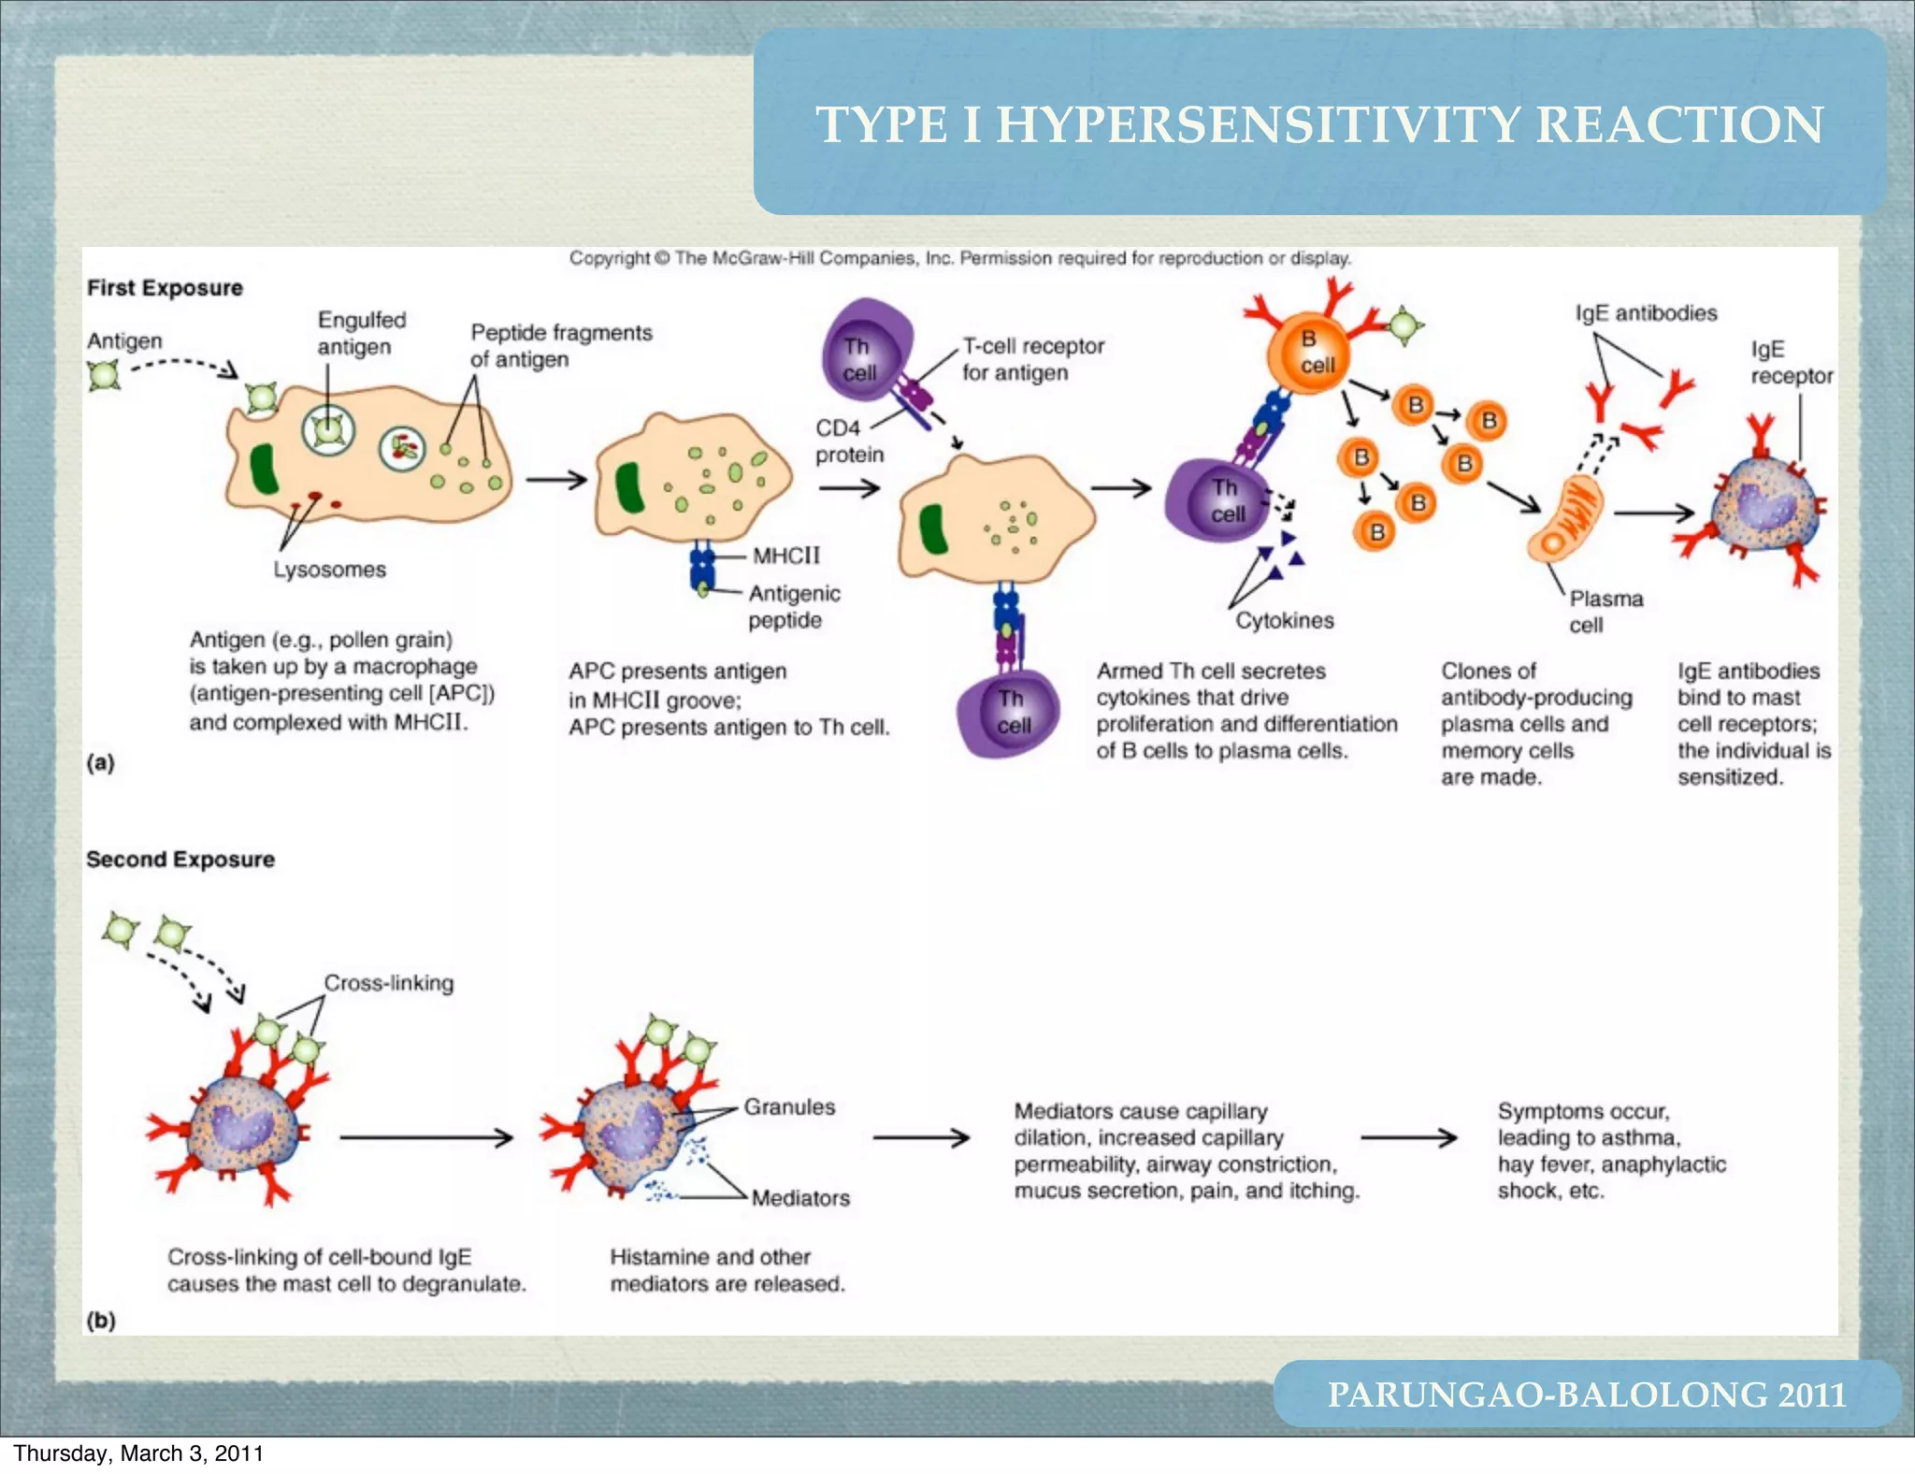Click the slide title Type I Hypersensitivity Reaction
(x=1318, y=124)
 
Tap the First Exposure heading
(x=165, y=288)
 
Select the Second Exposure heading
(x=180, y=860)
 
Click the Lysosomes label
(x=329, y=570)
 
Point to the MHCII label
(x=786, y=556)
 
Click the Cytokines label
(x=1284, y=620)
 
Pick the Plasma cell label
(x=1605, y=612)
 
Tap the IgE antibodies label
(x=1646, y=313)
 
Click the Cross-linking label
(x=389, y=983)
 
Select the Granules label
(x=789, y=1106)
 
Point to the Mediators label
(x=800, y=1198)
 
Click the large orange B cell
(x=1309, y=354)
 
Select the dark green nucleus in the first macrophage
(x=264, y=469)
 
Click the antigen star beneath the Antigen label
(x=104, y=376)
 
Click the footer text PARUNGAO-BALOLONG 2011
(x=1587, y=1395)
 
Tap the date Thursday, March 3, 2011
(x=138, y=1453)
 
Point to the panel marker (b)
(x=101, y=1321)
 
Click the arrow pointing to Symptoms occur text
(x=1408, y=1137)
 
